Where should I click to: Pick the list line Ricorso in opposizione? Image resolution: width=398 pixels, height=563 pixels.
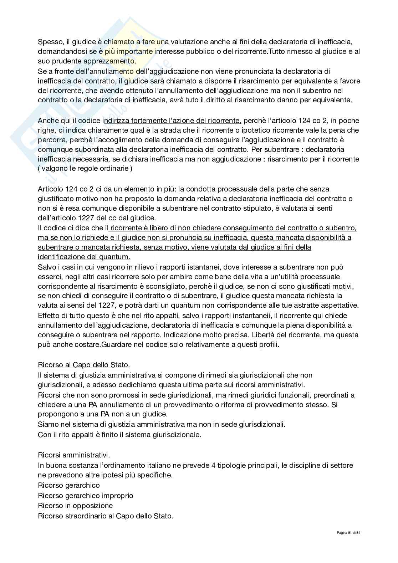[x=75, y=506]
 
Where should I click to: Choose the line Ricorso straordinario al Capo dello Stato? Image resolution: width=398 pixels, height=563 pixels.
[x=106, y=516]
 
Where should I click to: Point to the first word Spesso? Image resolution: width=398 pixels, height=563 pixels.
[x=48, y=42]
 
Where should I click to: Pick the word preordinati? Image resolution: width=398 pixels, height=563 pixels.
[x=330, y=395]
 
